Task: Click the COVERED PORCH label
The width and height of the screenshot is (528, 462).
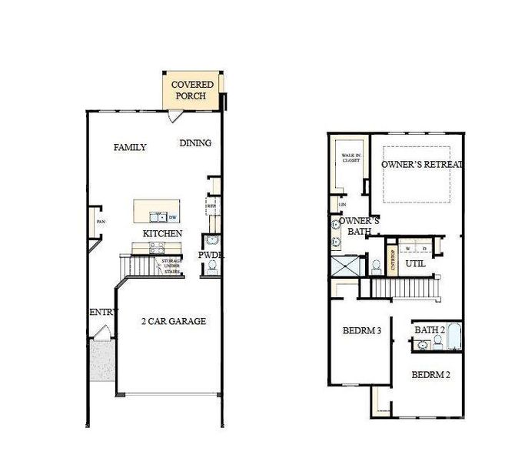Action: point(192,90)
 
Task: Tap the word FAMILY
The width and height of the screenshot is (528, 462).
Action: point(130,147)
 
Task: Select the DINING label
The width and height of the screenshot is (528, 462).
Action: point(195,143)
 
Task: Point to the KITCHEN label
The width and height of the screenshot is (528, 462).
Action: point(162,233)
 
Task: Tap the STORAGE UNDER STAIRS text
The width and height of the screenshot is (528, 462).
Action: point(171,266)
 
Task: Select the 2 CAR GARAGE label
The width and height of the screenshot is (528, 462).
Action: point(173,321)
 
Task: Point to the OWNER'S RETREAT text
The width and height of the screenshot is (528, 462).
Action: point(422,164)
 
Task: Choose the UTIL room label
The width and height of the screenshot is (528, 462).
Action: point(415,263)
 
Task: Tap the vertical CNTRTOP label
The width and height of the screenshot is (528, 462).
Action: point(393,260)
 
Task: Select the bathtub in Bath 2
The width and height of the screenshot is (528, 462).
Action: point(453,338)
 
